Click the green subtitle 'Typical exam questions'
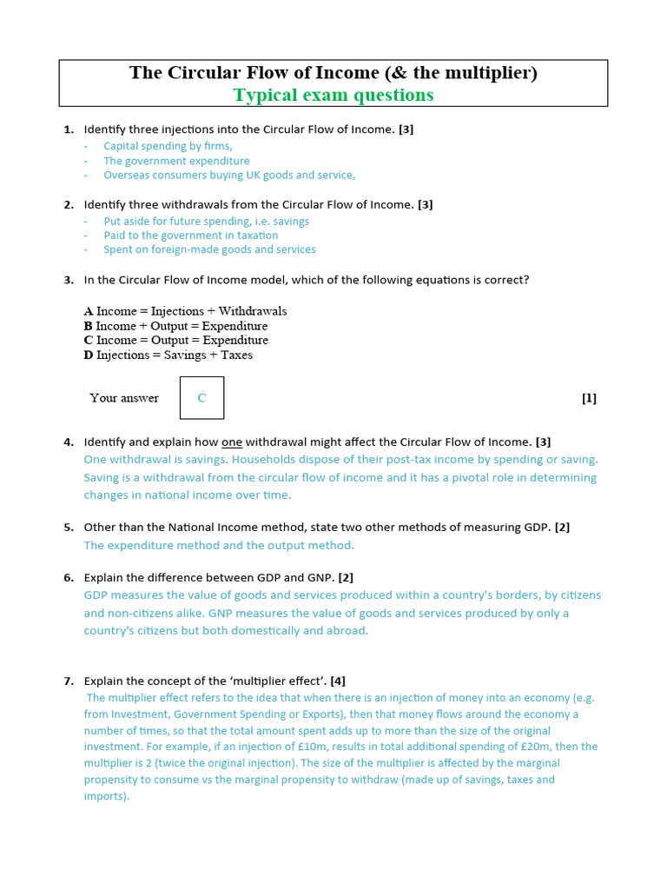(x=333, y=95)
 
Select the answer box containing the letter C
(x=201, y=398)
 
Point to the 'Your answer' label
(x=124, y=398)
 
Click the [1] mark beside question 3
(x=589, y=398)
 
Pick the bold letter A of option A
(x=89, y=311)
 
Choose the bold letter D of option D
(x=89, y=355)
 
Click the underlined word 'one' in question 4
(x=232, y=442)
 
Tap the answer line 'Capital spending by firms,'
(x=168, y=146)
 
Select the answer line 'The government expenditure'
(x=176, y=161)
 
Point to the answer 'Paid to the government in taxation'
(x=191, y=235)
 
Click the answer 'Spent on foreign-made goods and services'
(x=209, y=249)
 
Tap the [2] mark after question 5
(x=562, y=528)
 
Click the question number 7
(x=69, y=681)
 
